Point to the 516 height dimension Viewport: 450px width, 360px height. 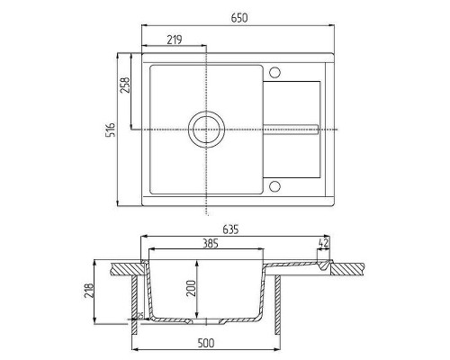point(112,130)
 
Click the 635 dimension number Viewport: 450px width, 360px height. point(232,229)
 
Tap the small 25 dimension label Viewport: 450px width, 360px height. point(140,315)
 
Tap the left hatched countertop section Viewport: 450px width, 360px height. point(123,266)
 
